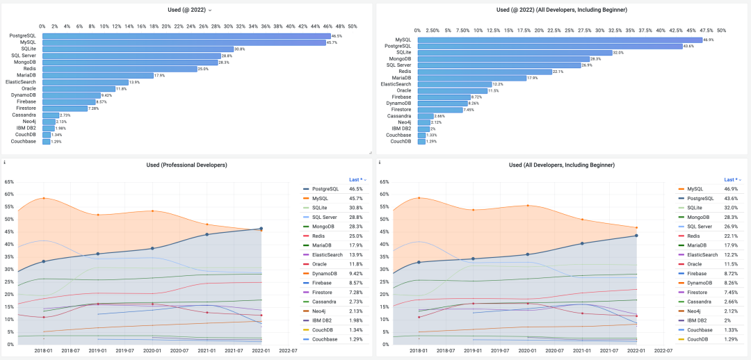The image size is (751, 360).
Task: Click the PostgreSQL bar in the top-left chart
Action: coord(186,35)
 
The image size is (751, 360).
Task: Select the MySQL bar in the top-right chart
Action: coord(550,40)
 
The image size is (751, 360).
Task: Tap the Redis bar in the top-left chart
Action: coord(120,69)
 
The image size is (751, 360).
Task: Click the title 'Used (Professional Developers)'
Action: coord(186,165)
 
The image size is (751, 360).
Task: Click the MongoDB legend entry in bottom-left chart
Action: coord(324,226)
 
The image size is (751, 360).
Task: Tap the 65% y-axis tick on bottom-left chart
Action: coord(9,182)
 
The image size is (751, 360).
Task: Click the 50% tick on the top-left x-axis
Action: coord(352,26)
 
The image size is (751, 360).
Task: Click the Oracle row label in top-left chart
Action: coord(29,89)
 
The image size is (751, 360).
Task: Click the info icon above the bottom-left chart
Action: coord(5,163)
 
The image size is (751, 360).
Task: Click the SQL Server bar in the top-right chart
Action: coord(499,65)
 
